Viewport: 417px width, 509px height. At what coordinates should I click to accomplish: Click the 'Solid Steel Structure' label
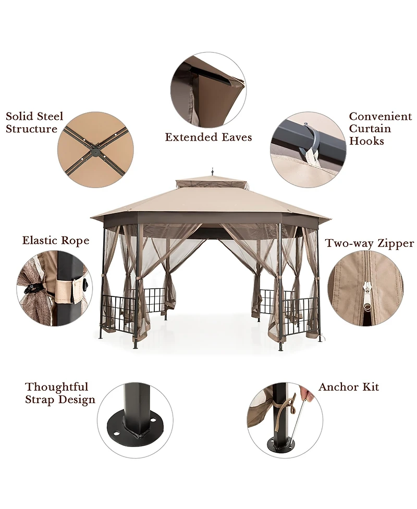tap(34, 122)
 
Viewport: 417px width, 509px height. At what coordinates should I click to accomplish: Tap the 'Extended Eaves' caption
tap(208, 137)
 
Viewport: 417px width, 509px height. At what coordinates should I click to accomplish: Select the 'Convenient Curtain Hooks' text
tap(380, 129)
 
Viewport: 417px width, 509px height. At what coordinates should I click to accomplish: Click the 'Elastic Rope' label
tap(55, 241)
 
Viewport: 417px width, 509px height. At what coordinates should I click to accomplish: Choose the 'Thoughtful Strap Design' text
tap(60, 393)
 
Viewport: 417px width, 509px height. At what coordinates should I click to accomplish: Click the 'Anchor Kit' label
tap(348, 387)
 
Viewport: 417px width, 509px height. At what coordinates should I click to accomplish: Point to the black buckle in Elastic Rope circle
tap(32, 288)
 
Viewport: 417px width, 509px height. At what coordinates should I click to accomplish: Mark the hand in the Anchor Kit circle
tap(309, 395)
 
